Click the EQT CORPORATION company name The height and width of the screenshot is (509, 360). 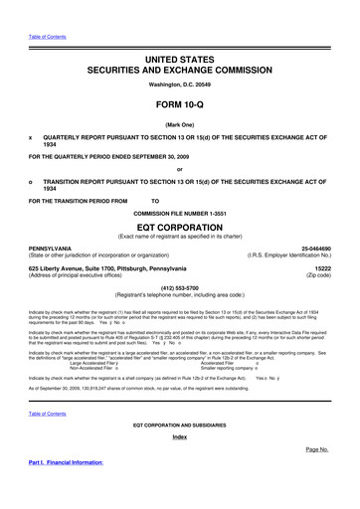pos(179,226)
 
